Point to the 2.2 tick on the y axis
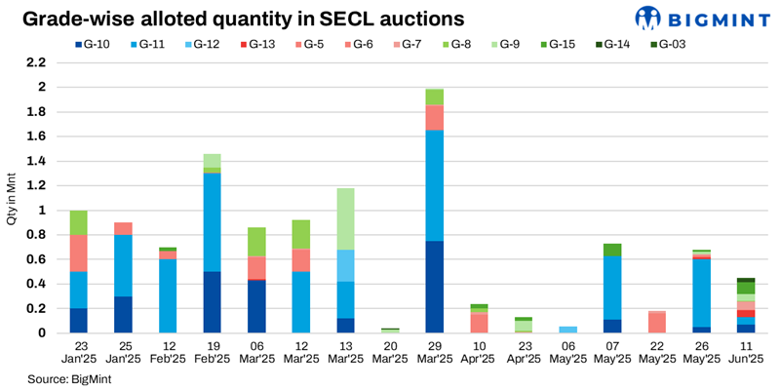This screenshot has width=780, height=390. coord(36,62)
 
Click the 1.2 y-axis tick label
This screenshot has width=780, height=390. coord(36,185)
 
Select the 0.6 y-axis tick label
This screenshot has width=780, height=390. coord(36,259)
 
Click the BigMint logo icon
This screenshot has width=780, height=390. coord(648,18)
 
